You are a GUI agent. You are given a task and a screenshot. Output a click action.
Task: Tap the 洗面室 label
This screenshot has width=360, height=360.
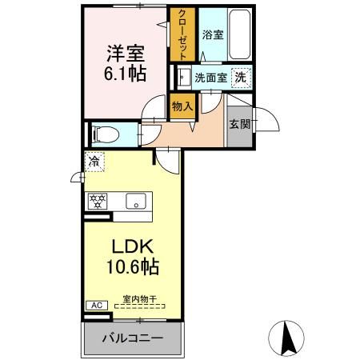[211, 78]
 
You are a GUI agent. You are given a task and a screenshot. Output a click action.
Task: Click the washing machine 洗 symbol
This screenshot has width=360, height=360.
[238, 78]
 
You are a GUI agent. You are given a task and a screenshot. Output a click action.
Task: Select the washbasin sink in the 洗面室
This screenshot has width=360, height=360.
[183, 78]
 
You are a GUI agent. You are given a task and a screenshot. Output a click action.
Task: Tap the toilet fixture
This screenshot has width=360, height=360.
[102, 133]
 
